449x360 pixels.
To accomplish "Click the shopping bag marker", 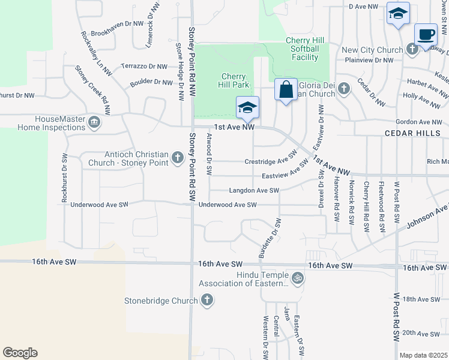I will click(x=286, y=90).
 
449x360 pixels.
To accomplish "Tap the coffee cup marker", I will click(x=426, y=34).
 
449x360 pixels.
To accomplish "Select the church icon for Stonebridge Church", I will click(x=206, y=300).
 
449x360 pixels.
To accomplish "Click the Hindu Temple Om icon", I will click(x=297, y=278).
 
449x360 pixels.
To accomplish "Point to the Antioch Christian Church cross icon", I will click(x=177, y=157).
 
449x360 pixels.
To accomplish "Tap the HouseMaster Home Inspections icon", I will click(x=94, y=123).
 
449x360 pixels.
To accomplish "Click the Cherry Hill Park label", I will click(x=234, y=80).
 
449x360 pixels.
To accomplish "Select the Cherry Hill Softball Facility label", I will click(x=305, y=49).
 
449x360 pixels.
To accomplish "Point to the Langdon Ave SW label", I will click(x=255, y=191).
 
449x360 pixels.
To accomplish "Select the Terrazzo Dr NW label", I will click(x=143, y=66).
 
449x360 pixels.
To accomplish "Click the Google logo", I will click(x=20, y=353).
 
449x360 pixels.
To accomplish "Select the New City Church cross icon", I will click(x=412, y=49).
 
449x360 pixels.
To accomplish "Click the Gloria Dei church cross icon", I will click(x=343, y=89).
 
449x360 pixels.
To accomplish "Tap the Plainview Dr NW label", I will click(x=369, y=60).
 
